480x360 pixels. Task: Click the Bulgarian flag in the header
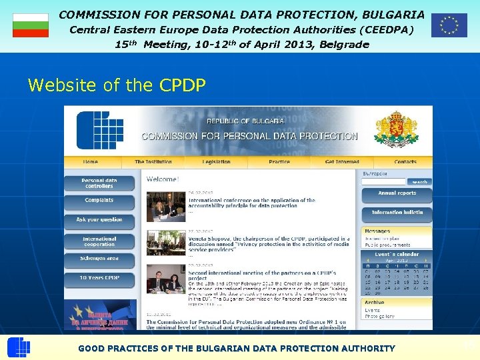coord(31,25)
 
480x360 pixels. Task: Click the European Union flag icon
coord(449,25)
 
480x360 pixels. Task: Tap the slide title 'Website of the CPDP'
coord(117,85)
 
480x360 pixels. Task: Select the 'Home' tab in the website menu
coord(90,161)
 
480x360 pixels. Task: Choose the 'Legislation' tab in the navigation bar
coord(216,161)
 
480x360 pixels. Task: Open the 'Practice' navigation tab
coord(279,161)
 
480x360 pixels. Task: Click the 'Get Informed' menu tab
coord(342,161)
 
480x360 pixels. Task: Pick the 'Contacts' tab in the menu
coord(405,161)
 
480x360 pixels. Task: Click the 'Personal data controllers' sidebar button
coord(99,183)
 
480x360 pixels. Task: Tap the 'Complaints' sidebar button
coord(99,201)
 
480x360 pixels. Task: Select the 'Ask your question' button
coord(99,219)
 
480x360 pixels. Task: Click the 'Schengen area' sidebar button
coord(99,259)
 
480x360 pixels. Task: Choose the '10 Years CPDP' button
coord(99,278)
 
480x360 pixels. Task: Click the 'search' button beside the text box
coord(419,182)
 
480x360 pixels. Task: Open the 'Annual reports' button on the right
coord(397,194)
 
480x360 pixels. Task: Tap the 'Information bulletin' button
coord(397,213)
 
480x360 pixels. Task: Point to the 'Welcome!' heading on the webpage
coord(163,179)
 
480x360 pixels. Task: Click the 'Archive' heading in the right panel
coord(374,302)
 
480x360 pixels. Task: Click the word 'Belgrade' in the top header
coord(344,45)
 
